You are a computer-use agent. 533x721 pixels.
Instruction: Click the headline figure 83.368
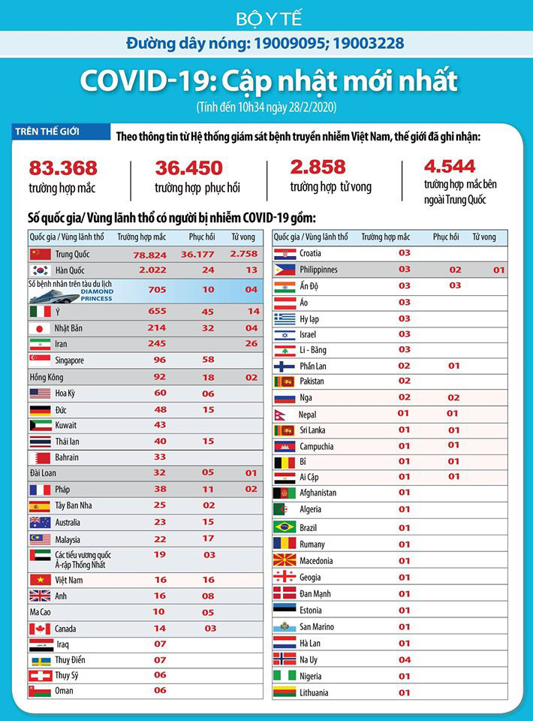63,167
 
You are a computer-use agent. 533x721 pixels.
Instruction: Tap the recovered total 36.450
189,167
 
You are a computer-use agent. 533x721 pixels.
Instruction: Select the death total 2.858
318,167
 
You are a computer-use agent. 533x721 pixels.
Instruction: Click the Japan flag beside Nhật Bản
40,328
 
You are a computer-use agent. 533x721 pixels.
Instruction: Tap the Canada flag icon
40,629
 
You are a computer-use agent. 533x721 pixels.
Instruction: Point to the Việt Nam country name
69,580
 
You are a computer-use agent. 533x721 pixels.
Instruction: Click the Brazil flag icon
285,526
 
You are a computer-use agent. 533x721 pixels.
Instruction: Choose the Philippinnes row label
318,270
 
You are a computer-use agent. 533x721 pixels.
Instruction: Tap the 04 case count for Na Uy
404,659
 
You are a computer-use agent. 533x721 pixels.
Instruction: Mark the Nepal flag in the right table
284,414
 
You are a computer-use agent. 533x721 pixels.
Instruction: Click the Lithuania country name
314,692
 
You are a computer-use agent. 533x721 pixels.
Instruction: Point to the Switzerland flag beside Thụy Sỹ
40,675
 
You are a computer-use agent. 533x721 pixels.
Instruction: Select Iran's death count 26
251,344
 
